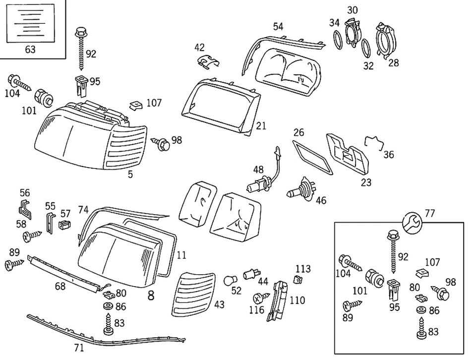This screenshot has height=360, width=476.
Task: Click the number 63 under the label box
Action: point(30,49)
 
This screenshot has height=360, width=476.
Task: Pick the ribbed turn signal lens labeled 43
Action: point(192,295)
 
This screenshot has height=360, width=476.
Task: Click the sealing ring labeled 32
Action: point(367,48)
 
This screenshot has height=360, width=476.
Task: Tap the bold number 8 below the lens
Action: point(151,296)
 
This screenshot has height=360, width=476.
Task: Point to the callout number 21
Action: point(261,126)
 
